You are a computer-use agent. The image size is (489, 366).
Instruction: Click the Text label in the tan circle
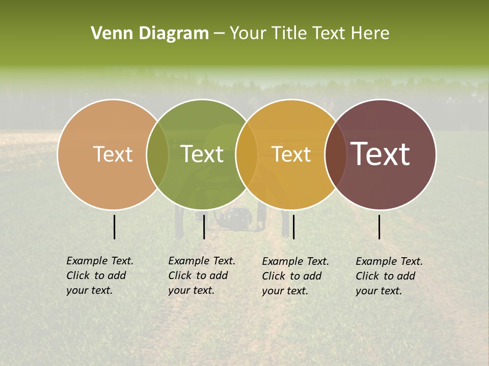point(113,154)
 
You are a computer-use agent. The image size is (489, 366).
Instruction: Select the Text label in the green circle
point(202,154)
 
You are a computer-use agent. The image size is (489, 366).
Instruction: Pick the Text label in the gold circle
point(291,154)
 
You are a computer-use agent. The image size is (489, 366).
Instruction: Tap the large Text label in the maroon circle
point(381,154)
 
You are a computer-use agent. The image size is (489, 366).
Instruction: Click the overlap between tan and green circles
point(157,154)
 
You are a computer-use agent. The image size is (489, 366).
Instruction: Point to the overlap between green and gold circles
point(247,154)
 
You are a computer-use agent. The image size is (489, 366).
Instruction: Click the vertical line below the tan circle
point(114,227)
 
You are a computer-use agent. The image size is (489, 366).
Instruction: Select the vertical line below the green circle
point(204,227)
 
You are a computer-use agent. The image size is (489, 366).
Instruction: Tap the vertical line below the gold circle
point(293,227)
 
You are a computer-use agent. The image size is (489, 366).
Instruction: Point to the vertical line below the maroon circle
point(379,227)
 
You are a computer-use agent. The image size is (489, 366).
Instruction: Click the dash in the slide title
point(219,34)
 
